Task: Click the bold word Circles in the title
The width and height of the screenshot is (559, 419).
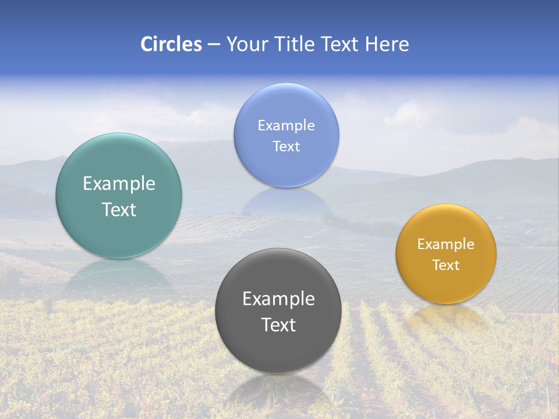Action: pos(171,44)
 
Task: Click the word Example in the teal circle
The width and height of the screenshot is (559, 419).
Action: pos(119,184)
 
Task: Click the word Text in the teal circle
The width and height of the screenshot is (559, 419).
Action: pos(119,210)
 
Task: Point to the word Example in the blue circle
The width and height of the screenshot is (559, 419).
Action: pos(286,125)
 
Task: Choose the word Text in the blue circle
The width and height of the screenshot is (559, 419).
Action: pos(286,146)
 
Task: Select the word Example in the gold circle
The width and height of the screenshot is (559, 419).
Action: pos(446,244)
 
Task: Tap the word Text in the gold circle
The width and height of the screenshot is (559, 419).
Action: pos(446,265)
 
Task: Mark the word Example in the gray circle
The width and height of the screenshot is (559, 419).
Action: pos(278,299)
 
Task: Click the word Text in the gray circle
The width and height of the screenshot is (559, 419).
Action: pos(278,325)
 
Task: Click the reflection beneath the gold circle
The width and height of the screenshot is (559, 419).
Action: pos(446,317)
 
